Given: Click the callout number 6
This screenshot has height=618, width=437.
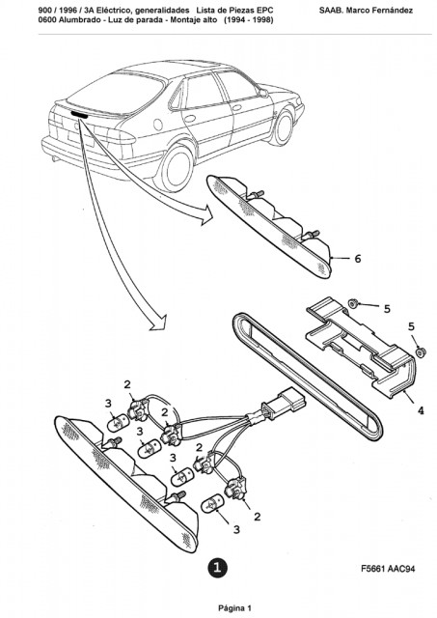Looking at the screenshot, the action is [358, 259].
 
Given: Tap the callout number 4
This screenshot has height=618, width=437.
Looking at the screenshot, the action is [421, 410].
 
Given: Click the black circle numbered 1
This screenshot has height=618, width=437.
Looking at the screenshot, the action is [217, 567].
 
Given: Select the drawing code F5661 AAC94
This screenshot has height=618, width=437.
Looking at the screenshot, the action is [388, 569].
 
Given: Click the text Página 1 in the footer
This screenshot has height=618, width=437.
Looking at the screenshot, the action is [234, 608].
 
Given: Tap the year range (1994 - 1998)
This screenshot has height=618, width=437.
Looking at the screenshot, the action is [249, 20].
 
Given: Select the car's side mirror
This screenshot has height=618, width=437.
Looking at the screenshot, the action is [263, 93].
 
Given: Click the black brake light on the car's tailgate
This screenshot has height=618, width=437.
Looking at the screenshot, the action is [79, 115].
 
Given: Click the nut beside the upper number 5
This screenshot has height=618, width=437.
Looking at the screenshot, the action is [353, 303].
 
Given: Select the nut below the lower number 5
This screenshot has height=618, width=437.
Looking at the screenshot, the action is [421, 351].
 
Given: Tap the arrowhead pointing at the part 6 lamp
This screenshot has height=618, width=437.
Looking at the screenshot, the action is [207, 216].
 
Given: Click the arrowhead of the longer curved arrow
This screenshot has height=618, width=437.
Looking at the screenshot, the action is [159, 323].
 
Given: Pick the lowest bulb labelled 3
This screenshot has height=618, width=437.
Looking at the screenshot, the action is [212, 504].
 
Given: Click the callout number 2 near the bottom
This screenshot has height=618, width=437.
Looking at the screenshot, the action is [257, 517].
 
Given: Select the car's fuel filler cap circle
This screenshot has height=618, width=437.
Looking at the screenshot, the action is [158, 125].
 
